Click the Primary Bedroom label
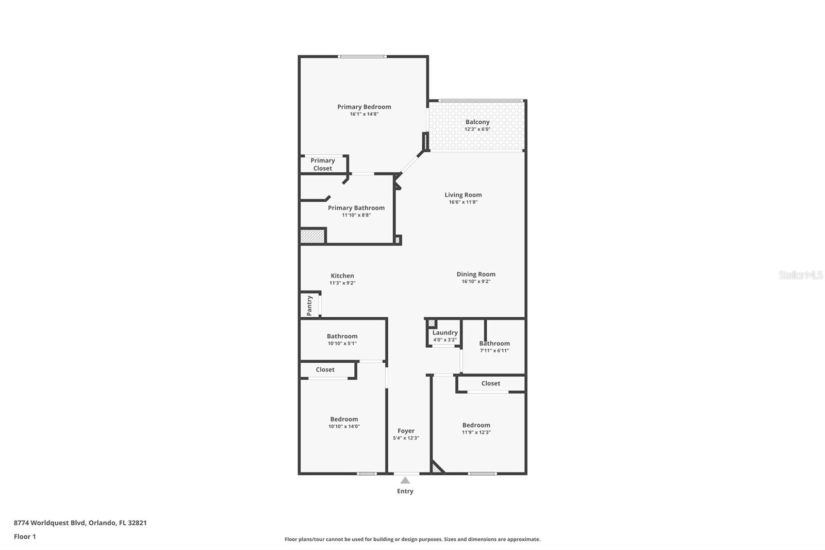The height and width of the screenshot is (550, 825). [x=364, y=107]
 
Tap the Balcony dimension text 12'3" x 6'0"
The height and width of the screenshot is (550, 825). [x=477, y=129]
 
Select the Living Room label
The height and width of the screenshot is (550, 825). [x=463, y=195]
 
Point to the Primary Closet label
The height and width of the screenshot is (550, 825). [x=323, y=165]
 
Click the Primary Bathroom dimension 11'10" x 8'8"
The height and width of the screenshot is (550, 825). [x=356, y=215]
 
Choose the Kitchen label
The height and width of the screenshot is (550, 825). [x=342, y=276]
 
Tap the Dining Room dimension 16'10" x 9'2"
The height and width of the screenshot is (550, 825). [x=476, y=281]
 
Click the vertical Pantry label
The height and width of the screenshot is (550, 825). [x=309, y=305]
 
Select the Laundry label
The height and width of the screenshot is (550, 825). [x=445, y=332]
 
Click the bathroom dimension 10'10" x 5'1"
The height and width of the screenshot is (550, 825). [x=342, y=343]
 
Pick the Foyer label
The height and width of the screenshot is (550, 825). [x=406, y=431]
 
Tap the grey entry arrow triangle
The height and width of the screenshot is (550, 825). [x=405, y=480]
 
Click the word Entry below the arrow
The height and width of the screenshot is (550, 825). [x=405, y=491]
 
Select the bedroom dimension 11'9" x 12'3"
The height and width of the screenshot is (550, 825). [x=476, y=432]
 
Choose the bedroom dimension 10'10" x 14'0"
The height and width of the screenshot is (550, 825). [x=344, y=426]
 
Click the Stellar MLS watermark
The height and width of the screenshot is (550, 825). [x=801, y=274]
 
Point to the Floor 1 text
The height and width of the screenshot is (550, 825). [x=25, y=537]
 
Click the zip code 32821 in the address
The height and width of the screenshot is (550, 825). [x=137, y=522]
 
